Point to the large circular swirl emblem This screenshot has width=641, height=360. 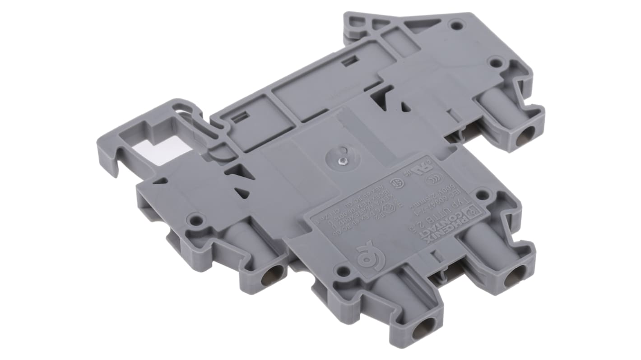[366, 256]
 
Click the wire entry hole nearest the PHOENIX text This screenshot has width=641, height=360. [515, 276]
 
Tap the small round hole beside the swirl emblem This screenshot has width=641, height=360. [343, 271]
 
